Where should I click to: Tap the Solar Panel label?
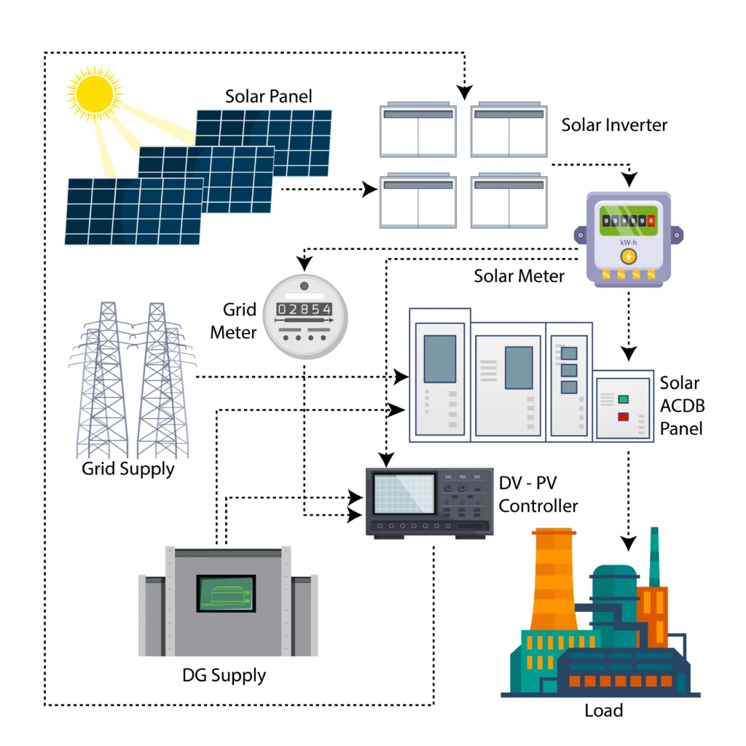coord(268,96)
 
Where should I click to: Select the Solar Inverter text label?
coord(614,125)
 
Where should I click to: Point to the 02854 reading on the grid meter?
coord(305,308)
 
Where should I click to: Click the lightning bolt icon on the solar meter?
coord(627,256)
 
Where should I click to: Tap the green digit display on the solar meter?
coord(627,221)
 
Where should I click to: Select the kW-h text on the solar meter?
coord(627,240)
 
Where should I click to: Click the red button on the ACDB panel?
coord(624,417)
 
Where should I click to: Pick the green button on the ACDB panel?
coord(624,399)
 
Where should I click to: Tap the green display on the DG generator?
coord(227,594)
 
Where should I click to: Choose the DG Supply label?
coord(224,675)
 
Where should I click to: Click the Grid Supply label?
coord(128,468)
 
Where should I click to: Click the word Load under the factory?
coord(604,710)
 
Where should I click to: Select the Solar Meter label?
coord(519,276)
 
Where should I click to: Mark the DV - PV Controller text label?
coord(538,494)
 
